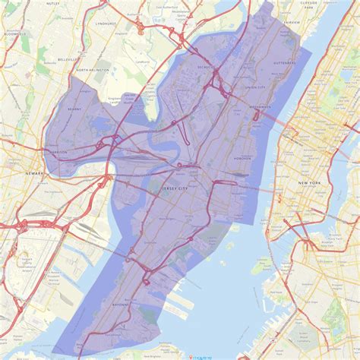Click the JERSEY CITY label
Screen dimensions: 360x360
(179, 185)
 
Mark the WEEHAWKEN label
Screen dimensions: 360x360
(259, 108)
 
